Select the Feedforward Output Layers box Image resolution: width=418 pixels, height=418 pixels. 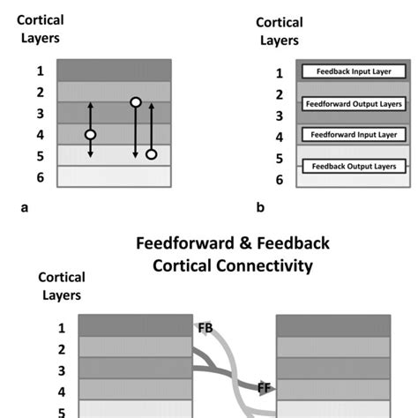pyautogui.click(x=354, y=103)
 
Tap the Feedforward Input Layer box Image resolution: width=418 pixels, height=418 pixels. pyautogui.click(x=354, y=135)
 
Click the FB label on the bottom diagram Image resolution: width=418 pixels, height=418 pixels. pyautogui.click(x=205, y=328)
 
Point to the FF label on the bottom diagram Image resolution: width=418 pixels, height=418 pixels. pyautogui.click(x=264, y=386)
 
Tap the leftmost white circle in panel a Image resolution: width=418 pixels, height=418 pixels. pyautogui.click(x=90, y=135)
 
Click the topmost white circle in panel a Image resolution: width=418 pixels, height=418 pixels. pyautogui.click(x=135, y=102)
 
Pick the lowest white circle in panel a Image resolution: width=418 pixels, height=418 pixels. pyautogui.click(x=151, y=155)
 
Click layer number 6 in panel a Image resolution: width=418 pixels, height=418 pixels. pyautogui.click(x=40, y=178)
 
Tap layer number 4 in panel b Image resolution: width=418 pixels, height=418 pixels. pyautogui.click(x=279, y=138)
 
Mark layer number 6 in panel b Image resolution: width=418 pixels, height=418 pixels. pyautogui.click(x=279, y=180)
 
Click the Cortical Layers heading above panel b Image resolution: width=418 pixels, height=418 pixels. pyautogui.click(x=280, y=31)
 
